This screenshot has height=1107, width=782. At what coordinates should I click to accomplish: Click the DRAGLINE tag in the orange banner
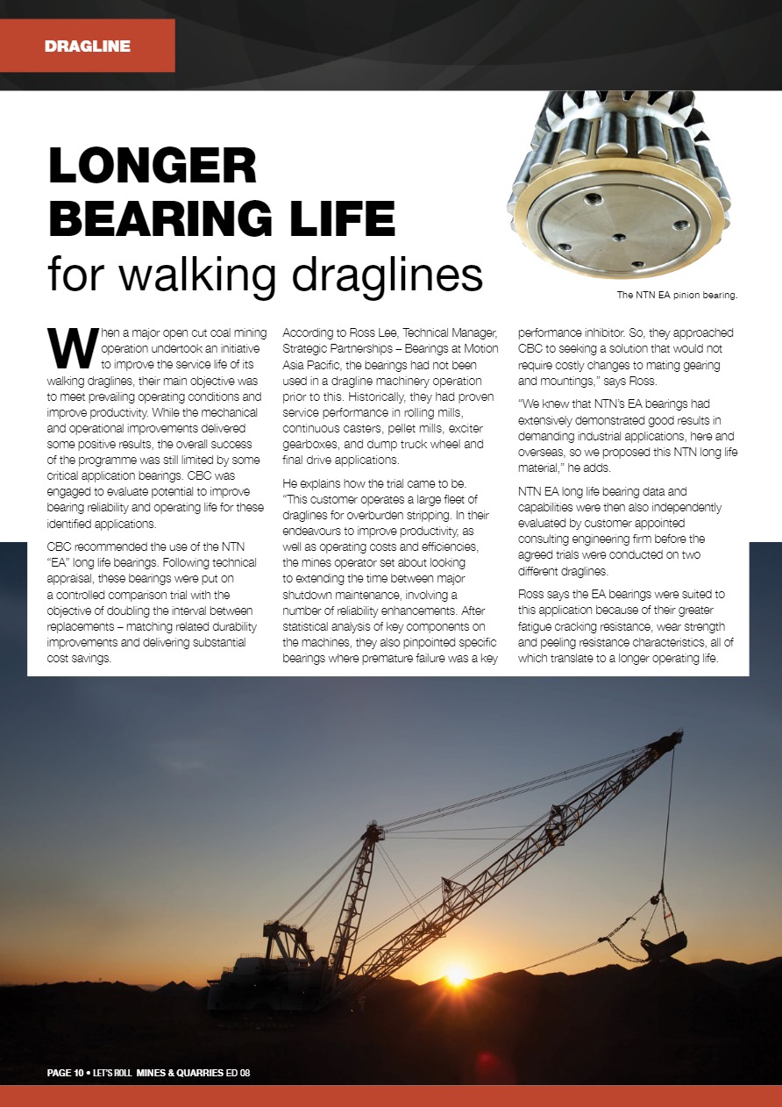point(87,46)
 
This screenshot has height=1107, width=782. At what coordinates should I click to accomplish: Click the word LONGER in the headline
point(153,166)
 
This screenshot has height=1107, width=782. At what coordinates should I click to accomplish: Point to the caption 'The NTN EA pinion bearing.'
point(677,295)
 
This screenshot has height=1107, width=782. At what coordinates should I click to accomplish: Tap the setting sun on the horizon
point(456,974)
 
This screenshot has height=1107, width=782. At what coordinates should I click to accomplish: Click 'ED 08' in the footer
point(239,1073)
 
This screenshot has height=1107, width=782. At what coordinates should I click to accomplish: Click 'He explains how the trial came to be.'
point(378,483)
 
